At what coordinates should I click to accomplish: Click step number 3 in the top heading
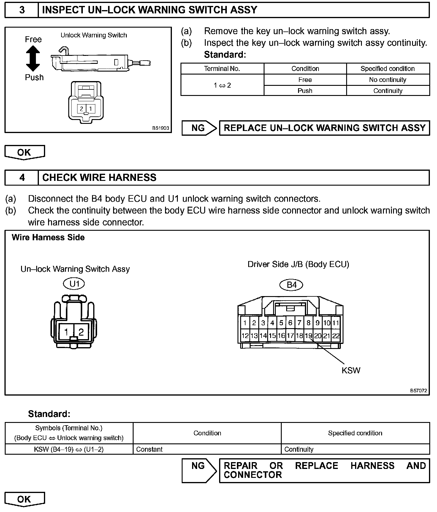coord(22,10)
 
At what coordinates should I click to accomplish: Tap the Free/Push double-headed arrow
coord(33,59)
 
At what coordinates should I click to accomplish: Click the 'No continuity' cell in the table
coord(387,80)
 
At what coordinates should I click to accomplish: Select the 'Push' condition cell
coord(305,91)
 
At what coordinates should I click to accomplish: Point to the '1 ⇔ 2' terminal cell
coord(222,85)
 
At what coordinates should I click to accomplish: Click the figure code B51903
coord(161,128)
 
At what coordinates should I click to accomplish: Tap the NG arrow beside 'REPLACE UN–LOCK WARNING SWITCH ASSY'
coord(199,128)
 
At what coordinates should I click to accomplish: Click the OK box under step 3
coord(24,152)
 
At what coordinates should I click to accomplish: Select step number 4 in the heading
coord(22,178)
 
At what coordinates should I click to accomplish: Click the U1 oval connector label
coord(74,284)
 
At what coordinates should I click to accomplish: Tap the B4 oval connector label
coord(291,285)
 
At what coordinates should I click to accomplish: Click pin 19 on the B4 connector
coord(308,336)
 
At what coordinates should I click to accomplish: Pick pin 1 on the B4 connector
coord(245,323)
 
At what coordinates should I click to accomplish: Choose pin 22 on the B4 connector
coord(336,336)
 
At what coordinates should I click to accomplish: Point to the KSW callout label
coord(351,370)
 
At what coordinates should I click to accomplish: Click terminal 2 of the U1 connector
coord(81,332)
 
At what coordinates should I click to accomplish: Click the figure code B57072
coord(419,391)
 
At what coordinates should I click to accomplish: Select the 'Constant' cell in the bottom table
coord(149,449)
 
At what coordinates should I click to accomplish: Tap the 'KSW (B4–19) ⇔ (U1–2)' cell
coord(69,449)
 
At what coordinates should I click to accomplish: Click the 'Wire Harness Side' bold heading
coord(48,238)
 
